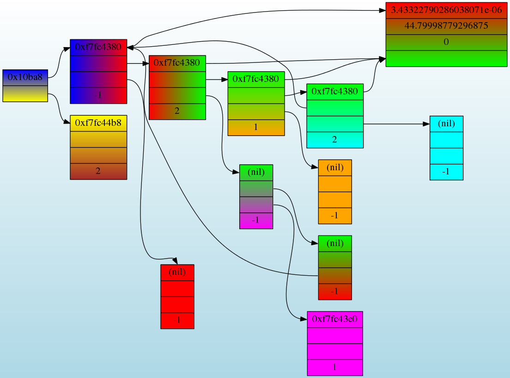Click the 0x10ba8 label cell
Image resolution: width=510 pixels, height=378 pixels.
tap(25, 77)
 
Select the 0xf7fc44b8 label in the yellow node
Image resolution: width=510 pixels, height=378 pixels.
tap(98, 123)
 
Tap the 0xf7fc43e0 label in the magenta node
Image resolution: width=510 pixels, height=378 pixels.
tap(335, 319)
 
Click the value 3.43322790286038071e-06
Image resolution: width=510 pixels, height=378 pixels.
tap(446, 10)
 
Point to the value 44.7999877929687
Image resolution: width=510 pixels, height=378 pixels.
tap(446, 26)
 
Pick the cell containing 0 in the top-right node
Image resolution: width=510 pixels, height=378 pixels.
tap(446, 42)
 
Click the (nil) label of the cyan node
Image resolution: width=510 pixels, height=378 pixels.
tap(446, 124)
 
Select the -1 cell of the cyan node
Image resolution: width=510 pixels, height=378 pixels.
tap(446, 172)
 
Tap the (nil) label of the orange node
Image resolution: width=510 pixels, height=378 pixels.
tap(335, 167)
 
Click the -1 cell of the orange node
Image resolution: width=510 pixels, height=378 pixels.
tap(335, 216)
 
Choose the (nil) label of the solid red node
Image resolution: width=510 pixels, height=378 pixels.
tap(177, 272)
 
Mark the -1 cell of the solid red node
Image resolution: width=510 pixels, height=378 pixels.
tap(177, 320)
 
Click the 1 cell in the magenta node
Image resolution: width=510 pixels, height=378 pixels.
tap(335, 367)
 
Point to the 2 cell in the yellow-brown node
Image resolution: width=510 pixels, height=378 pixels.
tap(98, 171)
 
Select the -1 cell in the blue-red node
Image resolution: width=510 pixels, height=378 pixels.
tap(98, 95)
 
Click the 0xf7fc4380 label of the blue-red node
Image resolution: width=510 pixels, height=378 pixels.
tap(98, 47)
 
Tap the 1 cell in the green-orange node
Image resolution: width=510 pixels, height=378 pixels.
tap(256, 127)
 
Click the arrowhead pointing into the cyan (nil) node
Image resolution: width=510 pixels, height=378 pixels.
tap(426, 124)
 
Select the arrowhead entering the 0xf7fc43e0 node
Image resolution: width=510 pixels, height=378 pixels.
tap(304, 319)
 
